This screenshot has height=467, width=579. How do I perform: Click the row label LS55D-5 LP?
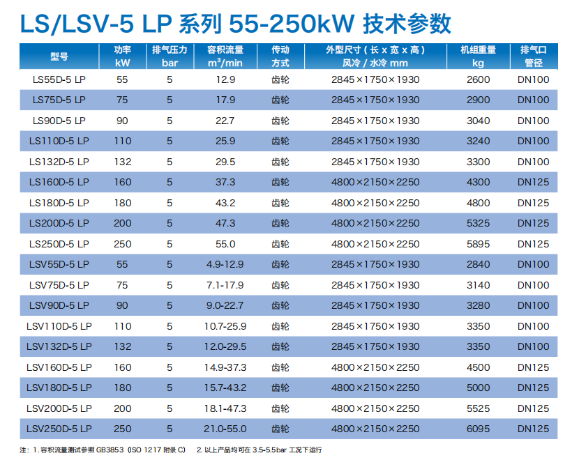click(59, 79)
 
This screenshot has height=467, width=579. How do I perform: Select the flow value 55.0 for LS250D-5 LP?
click(225, 244)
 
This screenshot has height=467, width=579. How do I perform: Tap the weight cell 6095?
click(478, 429)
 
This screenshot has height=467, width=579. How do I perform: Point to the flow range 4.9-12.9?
click(225, 264)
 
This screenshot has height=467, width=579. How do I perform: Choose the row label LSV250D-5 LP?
click(59, 429)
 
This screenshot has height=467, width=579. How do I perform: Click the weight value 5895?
click(478, 244)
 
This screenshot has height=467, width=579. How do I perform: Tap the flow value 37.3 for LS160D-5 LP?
click(225, 182)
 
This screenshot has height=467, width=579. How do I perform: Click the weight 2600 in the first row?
click(478, 79)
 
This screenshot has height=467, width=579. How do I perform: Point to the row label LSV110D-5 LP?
click(59, 326)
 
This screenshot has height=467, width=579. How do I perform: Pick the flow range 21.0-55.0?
click(225, 429)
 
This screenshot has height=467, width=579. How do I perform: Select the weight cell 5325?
click(478, 223)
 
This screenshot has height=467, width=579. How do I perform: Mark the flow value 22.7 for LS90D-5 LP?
click(225, 121)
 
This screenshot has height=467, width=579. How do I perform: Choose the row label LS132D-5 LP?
click(59, 162)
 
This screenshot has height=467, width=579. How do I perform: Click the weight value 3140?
click(478, 285)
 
